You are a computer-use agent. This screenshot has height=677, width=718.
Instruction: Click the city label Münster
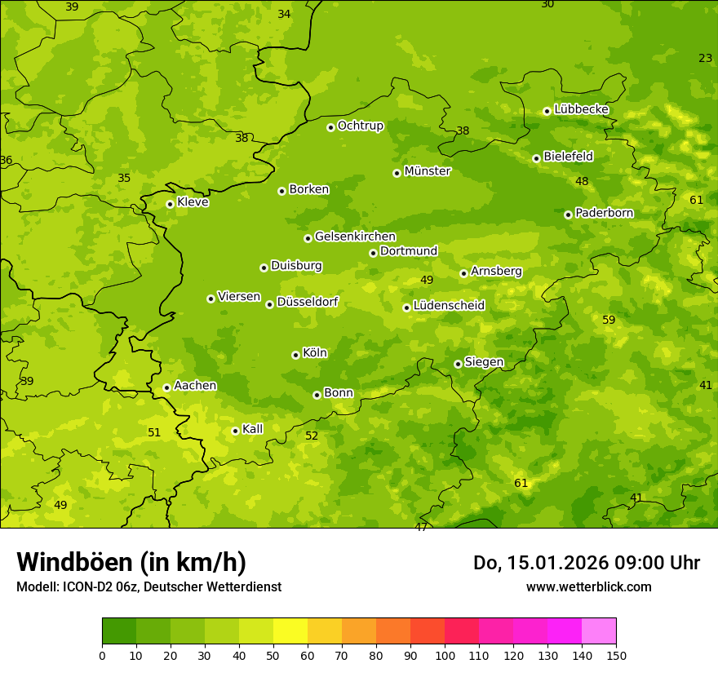click(427, 171)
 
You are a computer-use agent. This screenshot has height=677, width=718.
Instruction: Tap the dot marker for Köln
click(295, 355)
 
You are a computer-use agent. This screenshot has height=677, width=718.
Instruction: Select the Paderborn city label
click(604, 213)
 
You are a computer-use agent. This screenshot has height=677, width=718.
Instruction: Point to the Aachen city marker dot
click(166, 387)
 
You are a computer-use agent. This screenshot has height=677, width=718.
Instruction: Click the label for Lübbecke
click(581, 109)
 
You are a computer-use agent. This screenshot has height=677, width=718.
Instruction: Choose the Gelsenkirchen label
click(355, 237)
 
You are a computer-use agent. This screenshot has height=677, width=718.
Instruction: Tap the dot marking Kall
click(235, 431)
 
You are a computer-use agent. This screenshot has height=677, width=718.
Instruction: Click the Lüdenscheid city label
click(449, 306)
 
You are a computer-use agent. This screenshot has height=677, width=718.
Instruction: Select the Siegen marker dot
click(458, 364)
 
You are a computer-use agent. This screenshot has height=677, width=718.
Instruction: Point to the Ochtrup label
click(360, 126)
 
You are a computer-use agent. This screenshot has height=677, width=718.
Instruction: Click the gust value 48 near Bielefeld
click(582, 181)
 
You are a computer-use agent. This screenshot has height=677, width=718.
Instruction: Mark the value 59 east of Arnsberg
click(609, 320)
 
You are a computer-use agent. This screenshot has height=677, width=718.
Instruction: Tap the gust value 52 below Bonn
click(312, 436)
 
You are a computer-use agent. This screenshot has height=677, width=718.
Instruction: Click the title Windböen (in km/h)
click(131, 562)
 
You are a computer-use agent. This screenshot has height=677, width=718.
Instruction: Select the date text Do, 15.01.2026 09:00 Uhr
click(586, 563)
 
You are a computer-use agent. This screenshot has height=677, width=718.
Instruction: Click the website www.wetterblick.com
click(588, 586)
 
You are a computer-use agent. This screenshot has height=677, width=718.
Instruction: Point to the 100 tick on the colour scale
click(445, 654)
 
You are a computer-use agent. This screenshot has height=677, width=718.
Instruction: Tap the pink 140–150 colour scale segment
click(599, 631)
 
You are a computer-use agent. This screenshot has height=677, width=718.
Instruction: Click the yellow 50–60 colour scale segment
click(290, 631)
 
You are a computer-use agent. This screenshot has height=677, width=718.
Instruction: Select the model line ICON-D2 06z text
click(148, 586)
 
